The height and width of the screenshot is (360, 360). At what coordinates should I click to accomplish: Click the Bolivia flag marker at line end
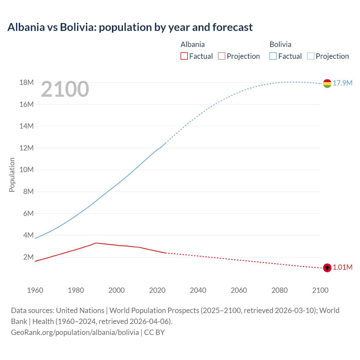(x=327, y=84)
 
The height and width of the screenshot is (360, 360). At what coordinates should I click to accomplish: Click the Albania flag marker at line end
(x=327, y=268)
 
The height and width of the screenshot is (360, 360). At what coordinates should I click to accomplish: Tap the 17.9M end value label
(x=343, y=83)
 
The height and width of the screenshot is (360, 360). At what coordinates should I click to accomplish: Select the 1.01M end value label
(x=343, y=267)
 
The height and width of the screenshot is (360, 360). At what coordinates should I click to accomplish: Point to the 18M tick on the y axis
(x=26, y=82)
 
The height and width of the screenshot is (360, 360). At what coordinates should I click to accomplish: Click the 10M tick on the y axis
(x=26, y=170)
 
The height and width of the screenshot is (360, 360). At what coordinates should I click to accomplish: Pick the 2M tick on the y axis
(x=28, y=257)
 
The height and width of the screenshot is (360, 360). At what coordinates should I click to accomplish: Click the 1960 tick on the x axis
(x=35, y=290)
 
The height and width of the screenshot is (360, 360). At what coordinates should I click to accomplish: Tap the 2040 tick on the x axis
(x=198, y=290)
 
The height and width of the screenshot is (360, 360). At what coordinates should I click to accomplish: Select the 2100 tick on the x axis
(x=320, y=290)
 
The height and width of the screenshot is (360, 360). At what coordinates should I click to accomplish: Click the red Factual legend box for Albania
(x=184, y=56)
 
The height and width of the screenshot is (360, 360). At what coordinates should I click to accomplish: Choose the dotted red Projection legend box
(x=222, y=56)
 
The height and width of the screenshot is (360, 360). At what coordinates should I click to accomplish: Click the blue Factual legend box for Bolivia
(x=273, y=56)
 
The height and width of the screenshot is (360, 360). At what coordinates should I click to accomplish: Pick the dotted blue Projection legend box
(x=311, y=56)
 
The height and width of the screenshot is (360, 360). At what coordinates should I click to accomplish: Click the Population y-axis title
(x=12, y=175)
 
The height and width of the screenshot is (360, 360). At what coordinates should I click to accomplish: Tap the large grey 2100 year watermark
(x=65, y=89)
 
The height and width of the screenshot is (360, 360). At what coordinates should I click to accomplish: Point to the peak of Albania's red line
(x=96, y=243)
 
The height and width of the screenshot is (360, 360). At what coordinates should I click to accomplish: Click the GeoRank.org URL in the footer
(x=75, y=332)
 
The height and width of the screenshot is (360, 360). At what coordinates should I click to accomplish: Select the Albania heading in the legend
(x=193, y=44)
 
